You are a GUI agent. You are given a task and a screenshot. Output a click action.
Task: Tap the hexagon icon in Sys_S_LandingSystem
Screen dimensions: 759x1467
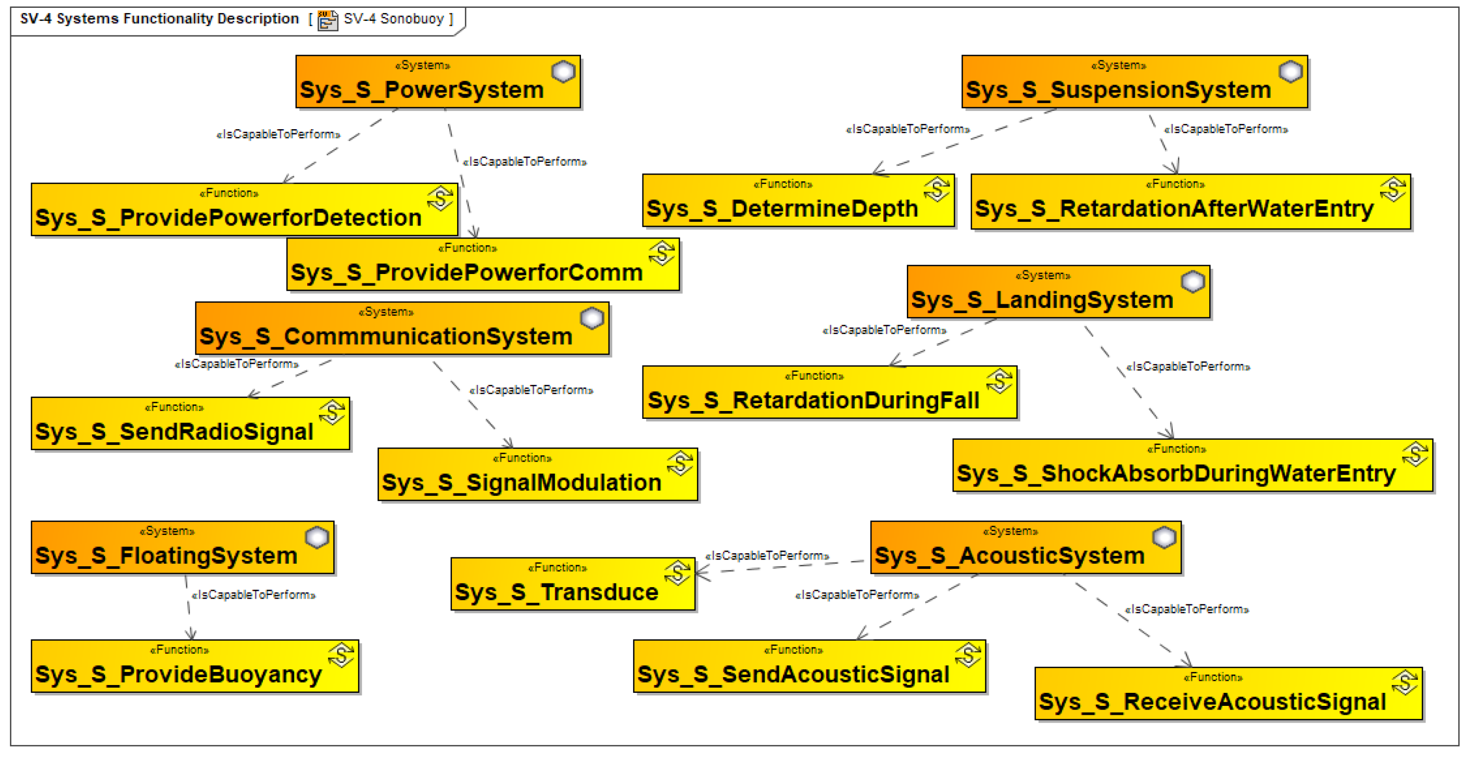coord(1193,281)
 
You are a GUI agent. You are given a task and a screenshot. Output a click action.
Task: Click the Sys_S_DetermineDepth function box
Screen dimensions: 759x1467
coord(798,201)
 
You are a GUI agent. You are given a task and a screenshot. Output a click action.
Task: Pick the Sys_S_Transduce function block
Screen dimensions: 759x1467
coord(572,584)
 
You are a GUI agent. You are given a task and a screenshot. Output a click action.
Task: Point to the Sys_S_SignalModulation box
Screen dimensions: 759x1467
coord(537,475)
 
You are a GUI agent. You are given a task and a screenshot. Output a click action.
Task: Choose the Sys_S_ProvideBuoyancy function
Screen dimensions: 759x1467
coord(194,666)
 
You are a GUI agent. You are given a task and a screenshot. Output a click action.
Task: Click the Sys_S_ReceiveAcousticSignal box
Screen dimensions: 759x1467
coord(1227,694)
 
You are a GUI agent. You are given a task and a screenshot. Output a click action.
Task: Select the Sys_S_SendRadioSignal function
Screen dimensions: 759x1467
coord(189,424)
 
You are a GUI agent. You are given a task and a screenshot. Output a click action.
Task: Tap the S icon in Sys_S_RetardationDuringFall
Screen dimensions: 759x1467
coord(999,381)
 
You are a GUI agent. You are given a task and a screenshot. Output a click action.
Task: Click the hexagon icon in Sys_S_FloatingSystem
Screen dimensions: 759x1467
coord(317,537)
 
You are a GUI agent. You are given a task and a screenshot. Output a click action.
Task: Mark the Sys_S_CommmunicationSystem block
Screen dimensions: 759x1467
coord(401,329)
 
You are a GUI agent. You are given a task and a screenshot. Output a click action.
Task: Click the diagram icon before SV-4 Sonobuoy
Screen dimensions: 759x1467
coord(327,20)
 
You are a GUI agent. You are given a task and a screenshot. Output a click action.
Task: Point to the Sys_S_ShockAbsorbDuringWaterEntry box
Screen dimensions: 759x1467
coord(1192,466)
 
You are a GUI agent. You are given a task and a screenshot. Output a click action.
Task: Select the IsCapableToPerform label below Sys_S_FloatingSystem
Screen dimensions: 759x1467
coord(254,595)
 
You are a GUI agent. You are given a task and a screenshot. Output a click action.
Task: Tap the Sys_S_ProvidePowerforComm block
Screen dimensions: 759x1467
coord(483,265)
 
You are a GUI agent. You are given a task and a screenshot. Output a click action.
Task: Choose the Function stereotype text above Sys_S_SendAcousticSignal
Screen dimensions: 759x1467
coord(793,650)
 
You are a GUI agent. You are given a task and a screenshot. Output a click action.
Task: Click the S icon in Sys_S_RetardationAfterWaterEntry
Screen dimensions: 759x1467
coord(1393,190)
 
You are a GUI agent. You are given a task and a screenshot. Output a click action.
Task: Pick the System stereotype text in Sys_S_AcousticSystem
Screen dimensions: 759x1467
coord(1010,531)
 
